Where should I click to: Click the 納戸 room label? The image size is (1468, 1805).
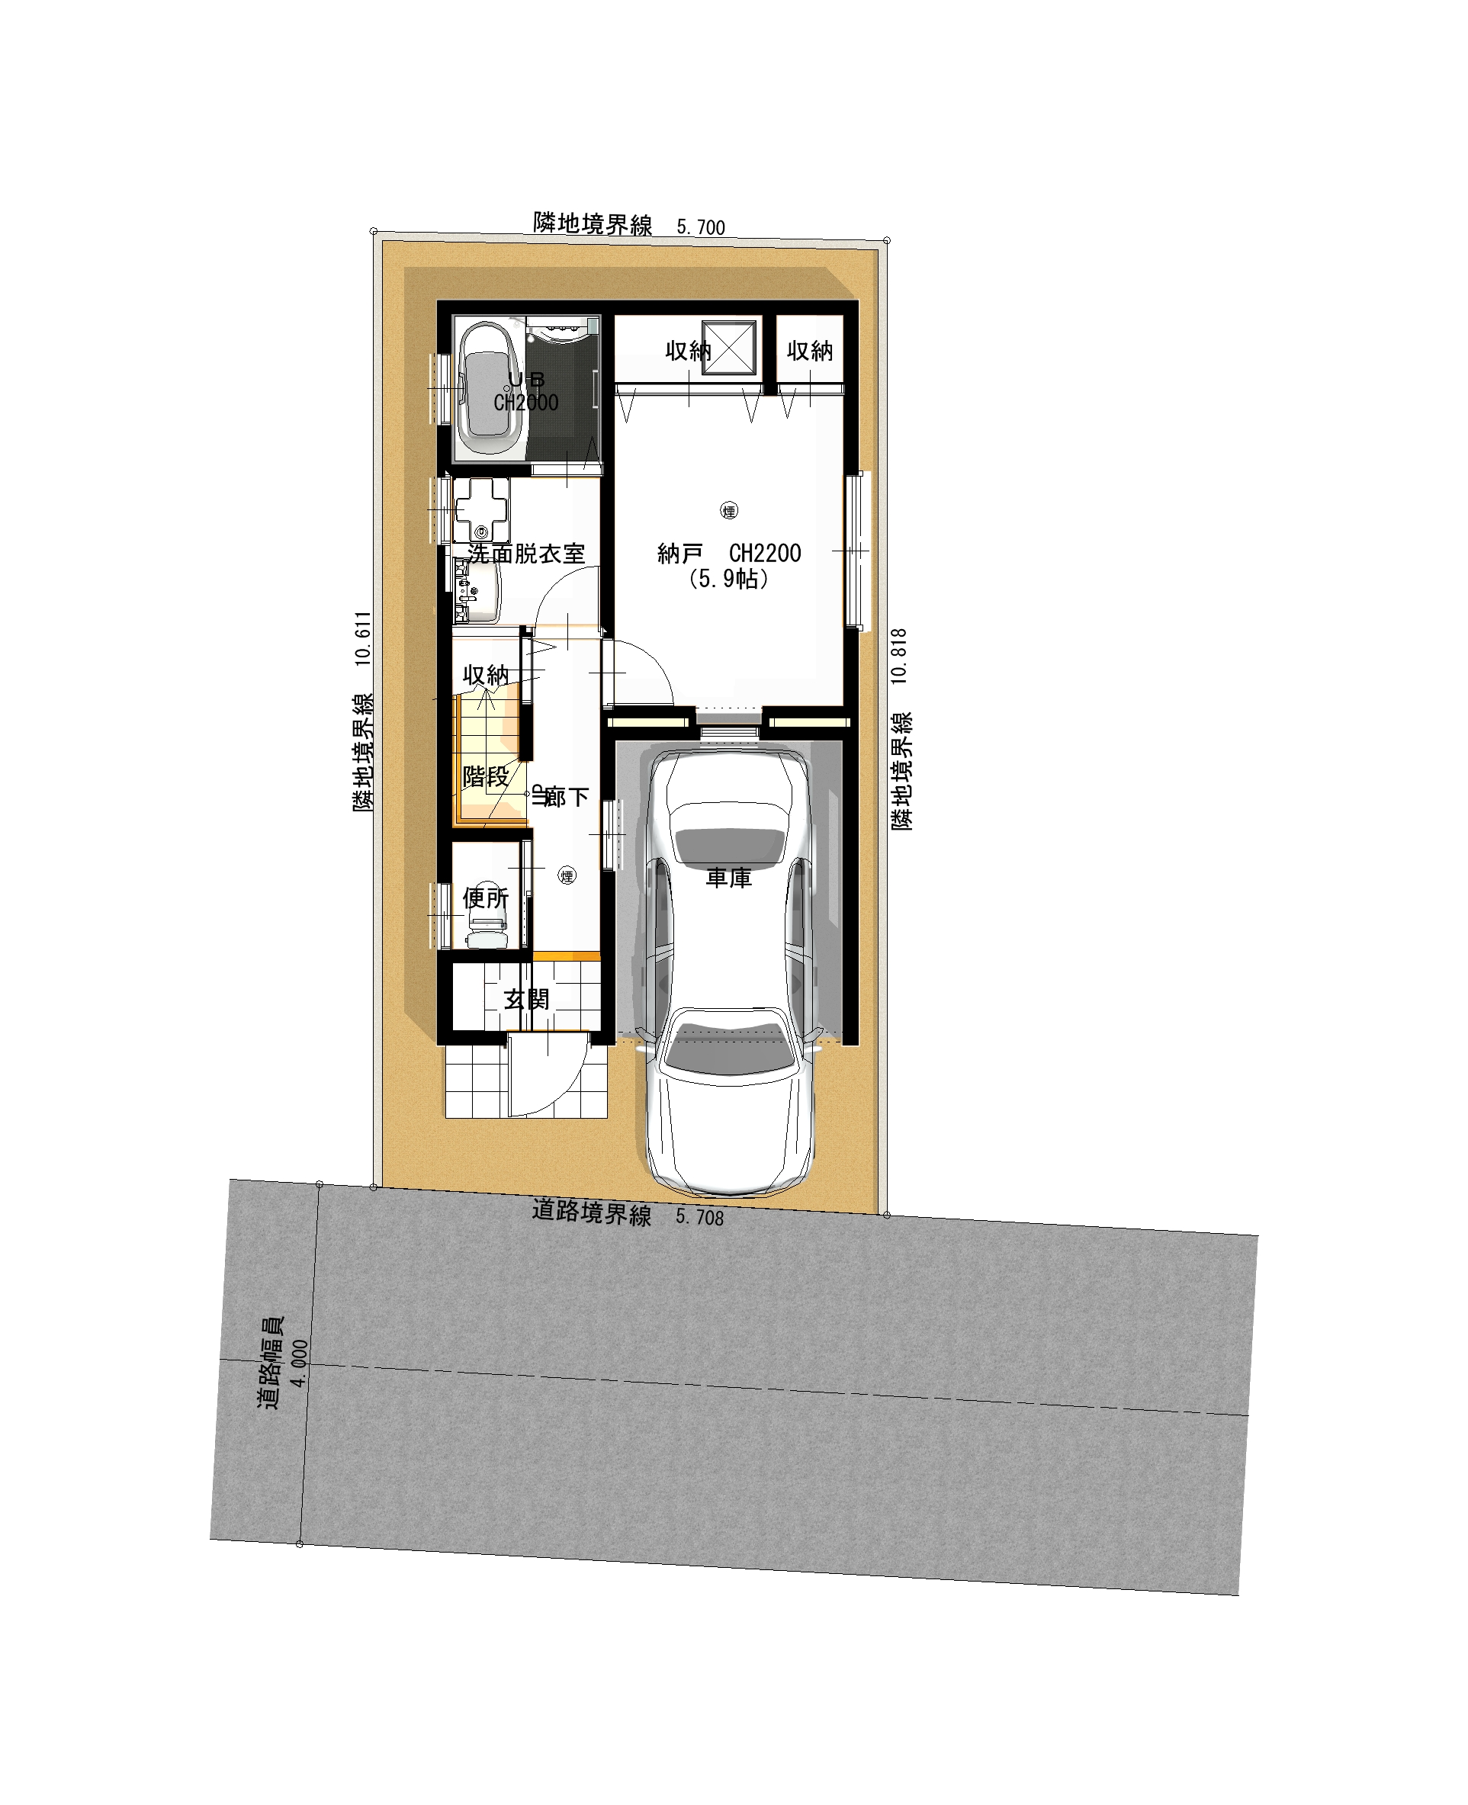(x=680, y=554)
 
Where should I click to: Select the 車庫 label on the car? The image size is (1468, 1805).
(x=729, y=878)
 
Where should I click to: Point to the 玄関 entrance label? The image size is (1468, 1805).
(x=526, y=999)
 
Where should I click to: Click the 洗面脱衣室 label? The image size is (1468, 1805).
(x=526, y=554)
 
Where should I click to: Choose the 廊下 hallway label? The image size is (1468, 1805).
(x=566, y=796)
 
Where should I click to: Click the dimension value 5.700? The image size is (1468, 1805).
(x=701, y=227)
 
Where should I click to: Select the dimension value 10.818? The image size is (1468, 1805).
(x=899, y=656)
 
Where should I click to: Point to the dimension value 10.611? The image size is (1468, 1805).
(x=364, y=638)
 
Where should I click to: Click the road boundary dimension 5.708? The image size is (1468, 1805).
(x=699, y=1217)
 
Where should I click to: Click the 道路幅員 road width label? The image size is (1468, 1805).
(x=271, y=1363)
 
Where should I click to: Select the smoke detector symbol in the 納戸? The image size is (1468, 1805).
(x=729, y=511)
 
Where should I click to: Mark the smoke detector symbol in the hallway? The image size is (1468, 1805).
(x=567, y=877)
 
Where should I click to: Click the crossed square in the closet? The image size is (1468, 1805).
(x=728, y=348)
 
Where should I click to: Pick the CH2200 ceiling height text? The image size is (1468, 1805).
(x=764, y=554)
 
